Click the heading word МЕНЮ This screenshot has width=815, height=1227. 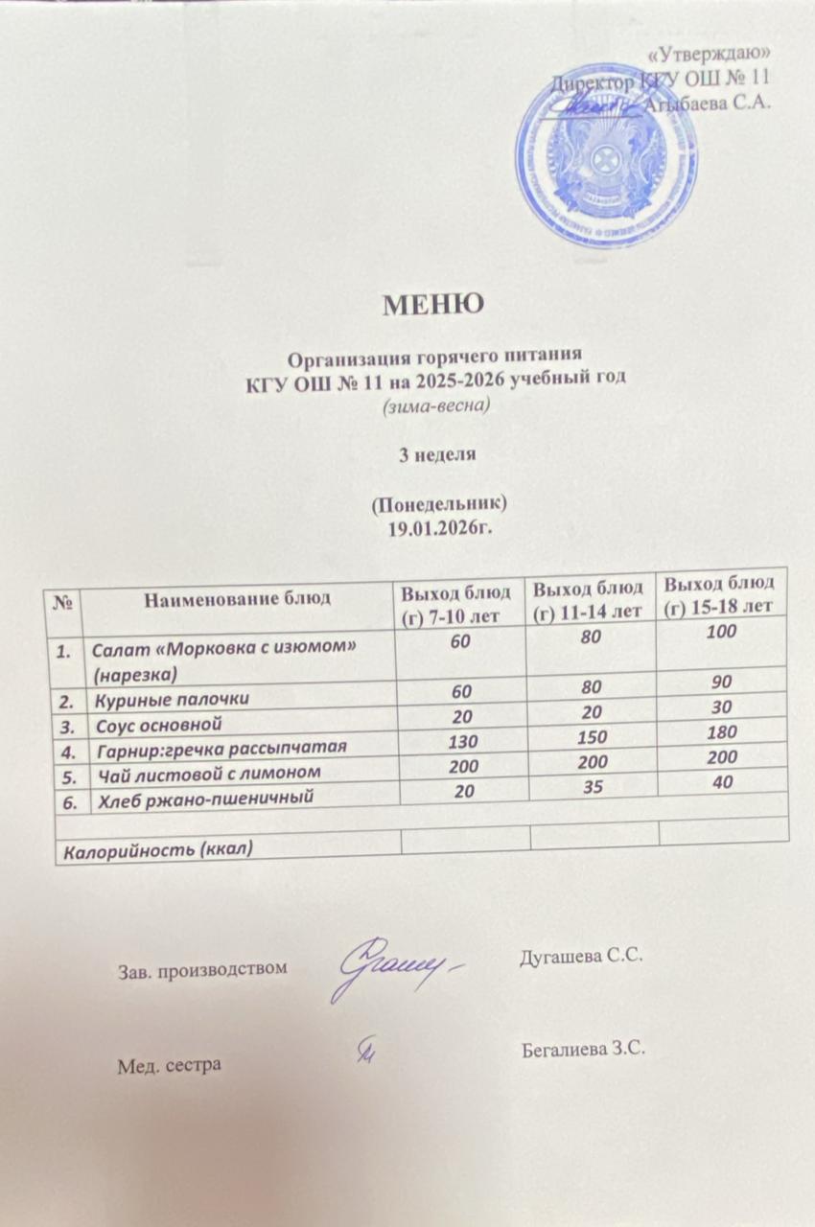[x=434, y=305]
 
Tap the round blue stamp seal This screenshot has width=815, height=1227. [x=606, y=152]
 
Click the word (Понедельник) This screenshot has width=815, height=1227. [x=437, y=504]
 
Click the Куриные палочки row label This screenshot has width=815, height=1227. [x=153, y=701]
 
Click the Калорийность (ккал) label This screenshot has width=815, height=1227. [x=157, y=848]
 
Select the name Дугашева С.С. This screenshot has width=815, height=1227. [x=578, y=957]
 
